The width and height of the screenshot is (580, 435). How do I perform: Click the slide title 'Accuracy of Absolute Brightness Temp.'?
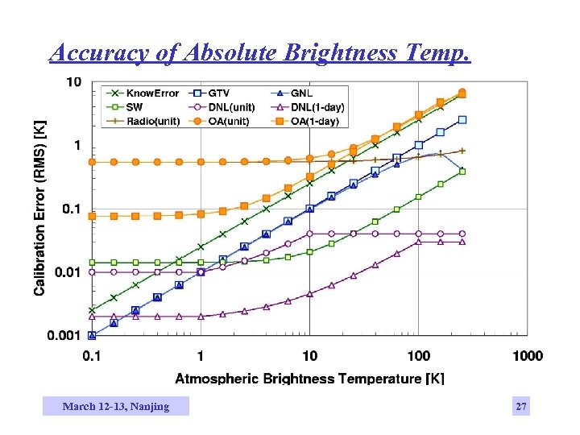[259, 52]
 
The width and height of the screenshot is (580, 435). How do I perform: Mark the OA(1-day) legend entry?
[311, 121]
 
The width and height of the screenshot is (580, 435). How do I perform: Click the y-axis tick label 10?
[73, 82]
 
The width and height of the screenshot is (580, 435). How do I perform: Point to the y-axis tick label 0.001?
[64, 335]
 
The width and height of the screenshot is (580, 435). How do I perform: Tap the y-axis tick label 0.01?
[68, 272]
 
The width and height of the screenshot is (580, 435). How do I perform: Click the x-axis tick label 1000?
[527, 356]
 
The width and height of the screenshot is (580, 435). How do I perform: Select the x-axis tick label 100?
[418, 356]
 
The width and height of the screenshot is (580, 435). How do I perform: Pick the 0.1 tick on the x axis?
[91, 356]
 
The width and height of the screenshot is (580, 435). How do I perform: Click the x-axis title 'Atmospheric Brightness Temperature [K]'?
[309, 378]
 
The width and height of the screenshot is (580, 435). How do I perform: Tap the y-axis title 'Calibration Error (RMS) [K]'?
[39, 208]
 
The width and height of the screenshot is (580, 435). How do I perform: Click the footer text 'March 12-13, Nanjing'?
[116, 407]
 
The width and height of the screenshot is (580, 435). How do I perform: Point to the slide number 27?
[521, 407]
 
